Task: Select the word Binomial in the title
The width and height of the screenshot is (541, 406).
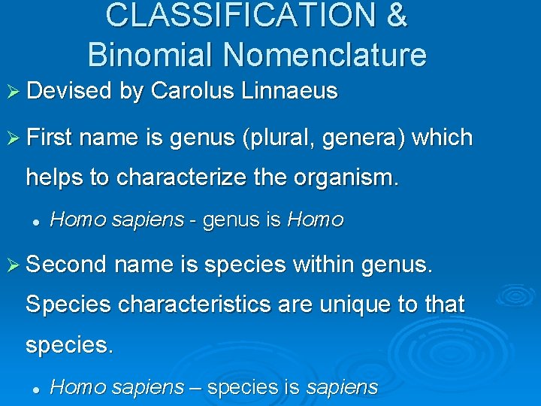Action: click(x=152, y=55)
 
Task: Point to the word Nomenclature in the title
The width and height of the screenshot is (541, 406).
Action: click(x=325, y=55)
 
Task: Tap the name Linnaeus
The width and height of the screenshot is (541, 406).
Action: click(x=290, y=92)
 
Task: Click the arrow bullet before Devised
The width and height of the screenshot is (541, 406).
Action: click(x=14, y=92)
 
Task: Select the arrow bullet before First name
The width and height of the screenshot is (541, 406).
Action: click(x=14, y=138)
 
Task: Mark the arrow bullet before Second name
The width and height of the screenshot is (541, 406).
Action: click(x=14, y=265)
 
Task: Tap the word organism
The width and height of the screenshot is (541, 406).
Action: click(x=349, y=178)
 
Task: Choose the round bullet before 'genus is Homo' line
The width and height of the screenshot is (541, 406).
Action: click(x=35, y=221)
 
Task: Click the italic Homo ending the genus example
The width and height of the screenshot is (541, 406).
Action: click(x=316, y=220)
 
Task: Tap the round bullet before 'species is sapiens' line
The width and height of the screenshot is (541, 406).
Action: click(x=35, y=389)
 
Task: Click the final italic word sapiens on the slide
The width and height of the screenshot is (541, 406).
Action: click(x=342, y=387)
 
